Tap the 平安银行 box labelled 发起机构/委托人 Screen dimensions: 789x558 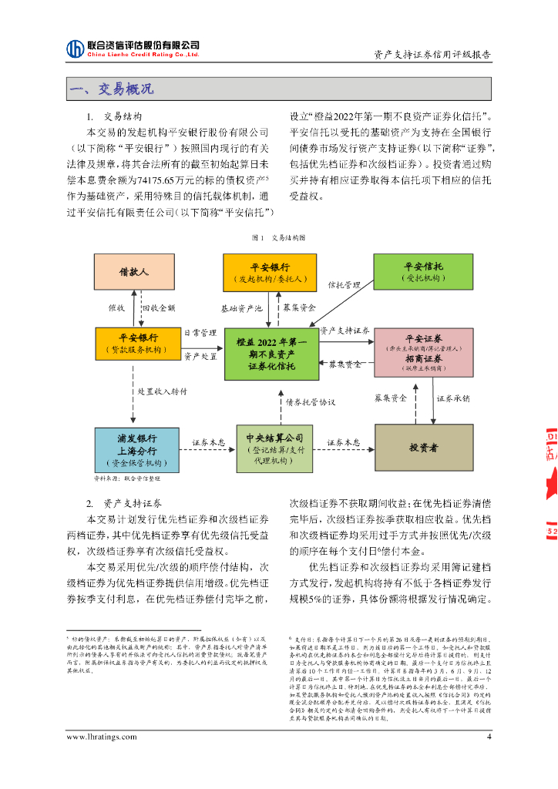point(270,273)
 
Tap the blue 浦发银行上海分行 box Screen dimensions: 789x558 point(137,448)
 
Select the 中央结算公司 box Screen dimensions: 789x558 point(274,448)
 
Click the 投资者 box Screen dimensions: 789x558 point(423,448)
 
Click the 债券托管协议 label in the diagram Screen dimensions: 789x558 point(310,402)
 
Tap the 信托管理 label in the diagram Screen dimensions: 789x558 point(345,284)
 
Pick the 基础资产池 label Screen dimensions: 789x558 point(242,307)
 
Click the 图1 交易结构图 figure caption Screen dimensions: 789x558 point(278,238)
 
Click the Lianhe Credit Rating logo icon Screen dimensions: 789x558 point(76,49)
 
